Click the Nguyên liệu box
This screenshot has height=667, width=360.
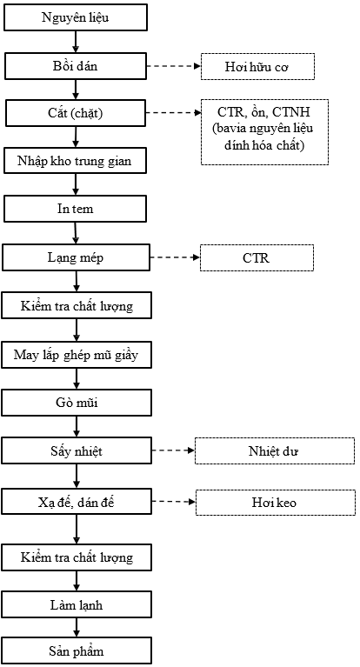(76, 17)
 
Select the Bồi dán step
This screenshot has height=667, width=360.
(76, 66)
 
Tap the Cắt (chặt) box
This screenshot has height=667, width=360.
(76, 114)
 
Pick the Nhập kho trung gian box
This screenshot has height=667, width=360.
(75, 161)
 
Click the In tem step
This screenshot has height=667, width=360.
(75, 209)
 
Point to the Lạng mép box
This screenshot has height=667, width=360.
(76, 257)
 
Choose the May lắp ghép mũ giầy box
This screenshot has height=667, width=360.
(77, 355)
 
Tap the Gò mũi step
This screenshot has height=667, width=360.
(77, 403)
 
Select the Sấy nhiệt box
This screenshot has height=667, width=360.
(77, 451)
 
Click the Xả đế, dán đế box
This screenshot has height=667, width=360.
(77, 503)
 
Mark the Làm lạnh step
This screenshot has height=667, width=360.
(77, 605)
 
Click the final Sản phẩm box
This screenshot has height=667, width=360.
(77, 650)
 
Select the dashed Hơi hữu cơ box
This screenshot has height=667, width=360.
(258, 66)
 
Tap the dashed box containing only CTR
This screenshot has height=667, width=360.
(257, 257)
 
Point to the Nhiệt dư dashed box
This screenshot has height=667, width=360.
(275, 451)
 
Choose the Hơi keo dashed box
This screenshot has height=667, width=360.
(276, 503)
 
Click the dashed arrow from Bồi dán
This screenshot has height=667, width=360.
(174, 66)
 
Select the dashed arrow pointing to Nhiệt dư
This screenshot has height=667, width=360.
(173, 450)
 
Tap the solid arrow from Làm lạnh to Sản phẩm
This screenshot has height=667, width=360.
(77, 628)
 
